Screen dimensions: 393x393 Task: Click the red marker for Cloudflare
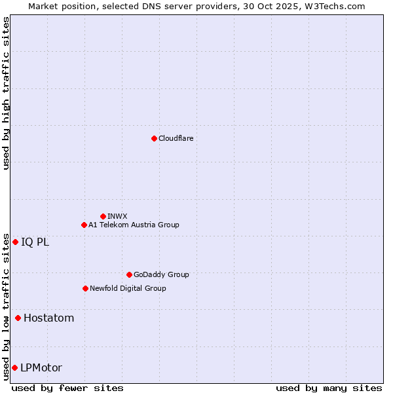(154, 138)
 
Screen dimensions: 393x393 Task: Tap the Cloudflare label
(176, 138)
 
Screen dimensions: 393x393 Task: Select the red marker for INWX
(103, 216)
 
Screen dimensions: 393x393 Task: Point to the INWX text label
(117, 216)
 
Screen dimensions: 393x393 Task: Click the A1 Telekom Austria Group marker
(84, 225)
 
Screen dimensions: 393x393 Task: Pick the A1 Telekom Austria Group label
(134, 225)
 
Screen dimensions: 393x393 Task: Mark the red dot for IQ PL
(15, 242)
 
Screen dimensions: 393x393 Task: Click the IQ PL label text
(35, 242)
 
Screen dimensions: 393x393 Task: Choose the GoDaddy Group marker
(129, 274)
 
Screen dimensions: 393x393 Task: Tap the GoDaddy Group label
(161, 274)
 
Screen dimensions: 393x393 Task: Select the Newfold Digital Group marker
(85, 288)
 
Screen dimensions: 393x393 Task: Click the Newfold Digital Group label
(128, 288)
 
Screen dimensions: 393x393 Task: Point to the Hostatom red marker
(18, 318)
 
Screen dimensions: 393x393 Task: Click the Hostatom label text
(48, 318)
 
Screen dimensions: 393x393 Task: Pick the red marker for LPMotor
(14, 367)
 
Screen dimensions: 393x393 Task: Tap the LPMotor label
(41, 367)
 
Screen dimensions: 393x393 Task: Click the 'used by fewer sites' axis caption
(67, 388)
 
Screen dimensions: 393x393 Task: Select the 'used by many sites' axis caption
(329, 388)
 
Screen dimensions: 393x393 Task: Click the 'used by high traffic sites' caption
(6, 93)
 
